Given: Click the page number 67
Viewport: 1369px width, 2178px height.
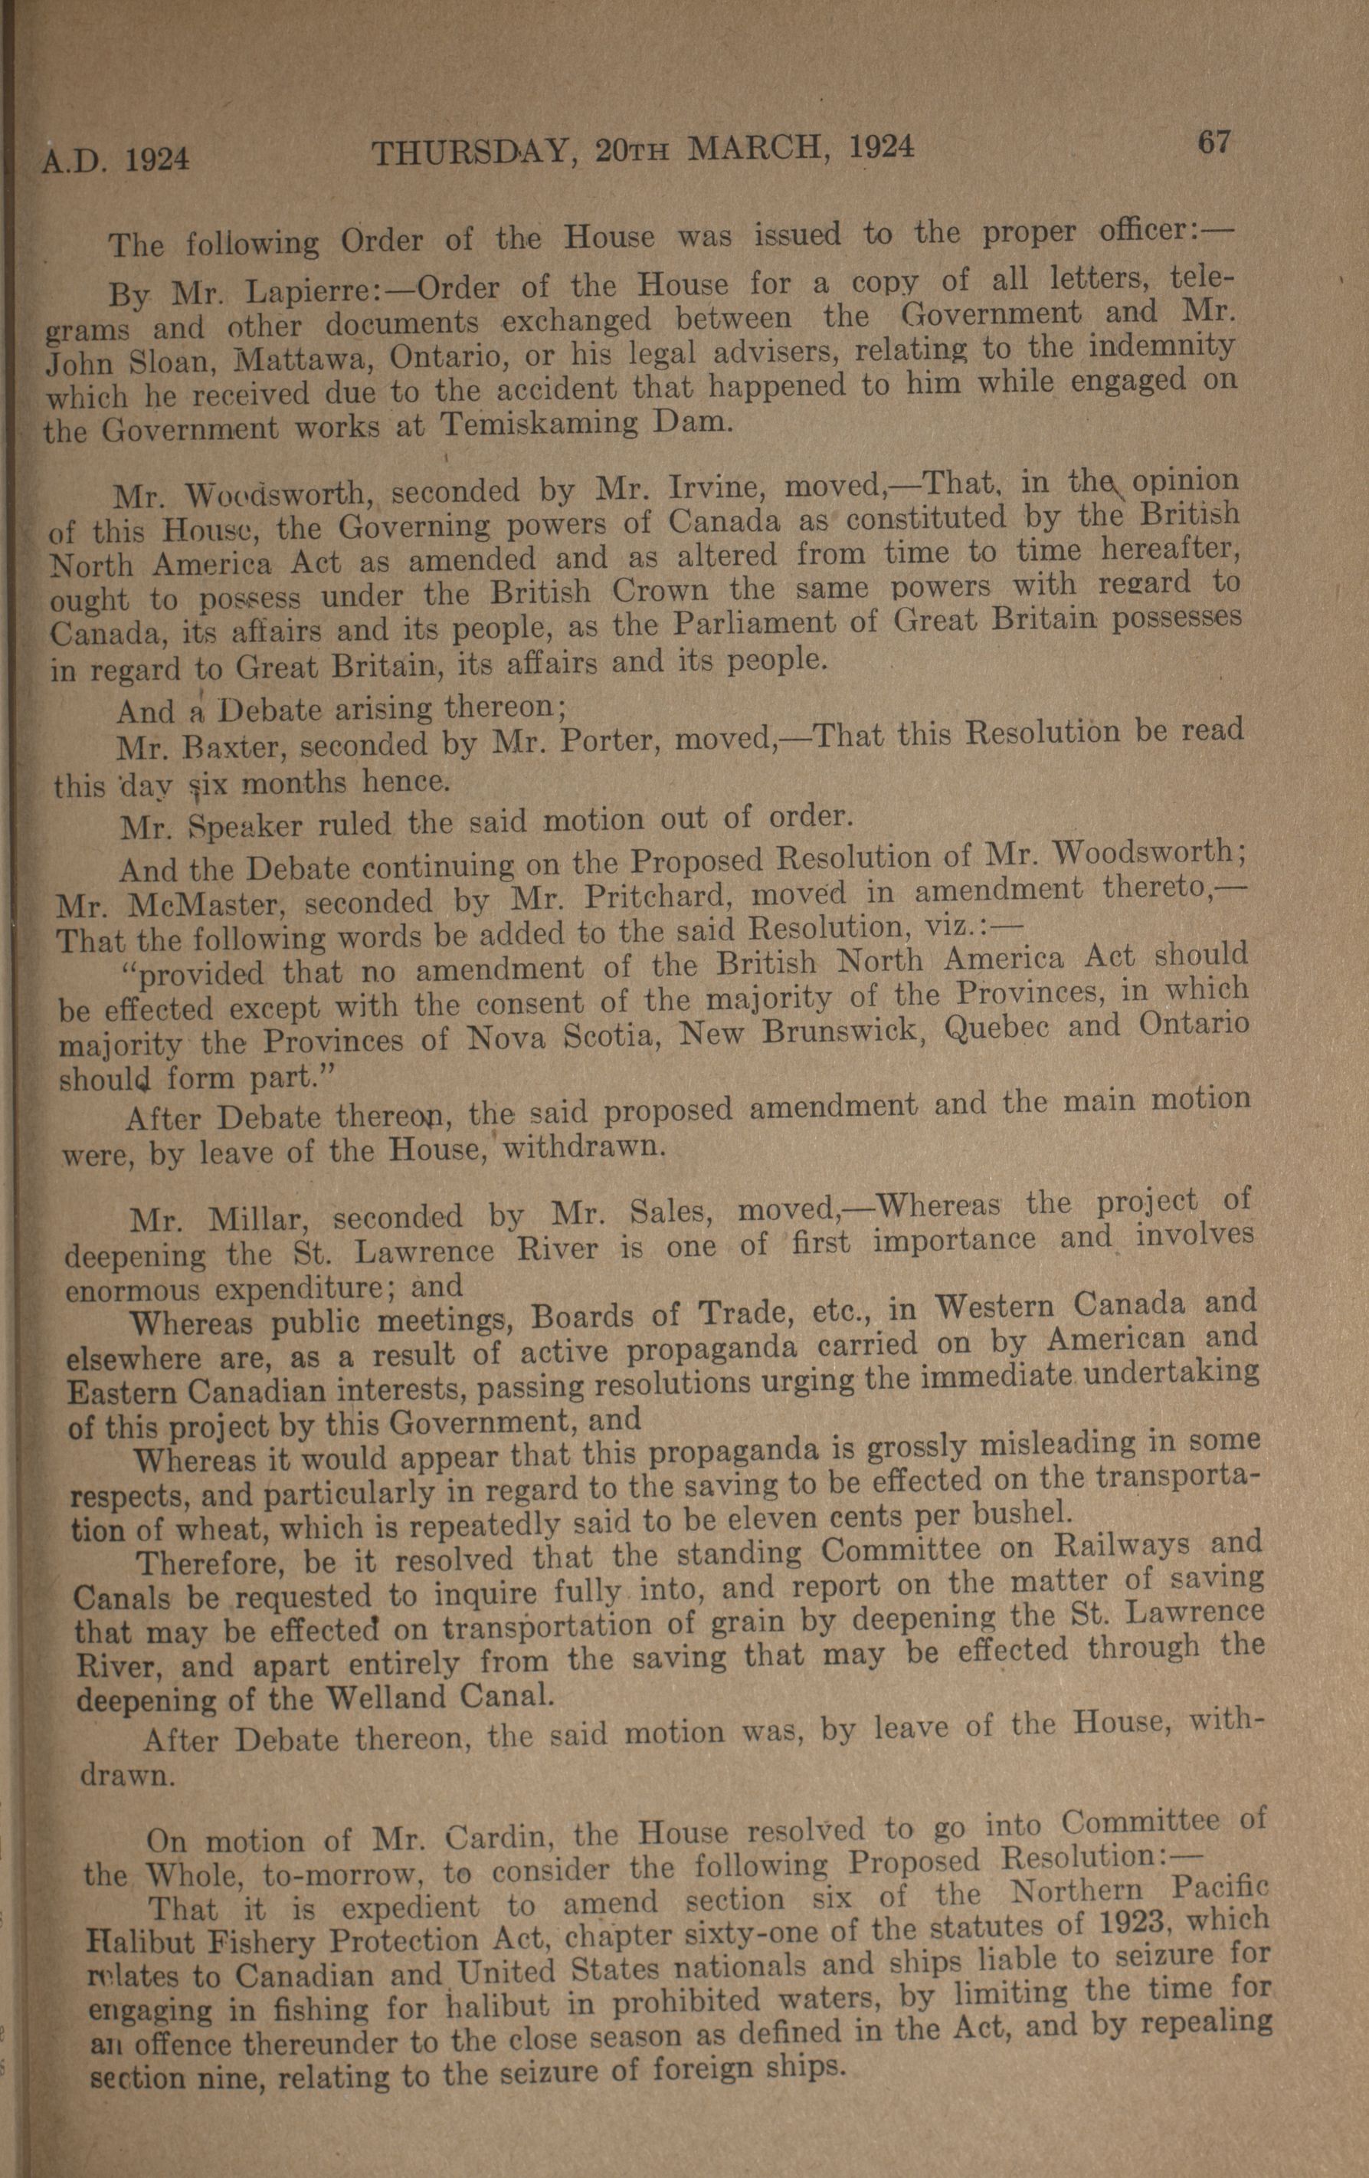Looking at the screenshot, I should tap(1214, 143).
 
